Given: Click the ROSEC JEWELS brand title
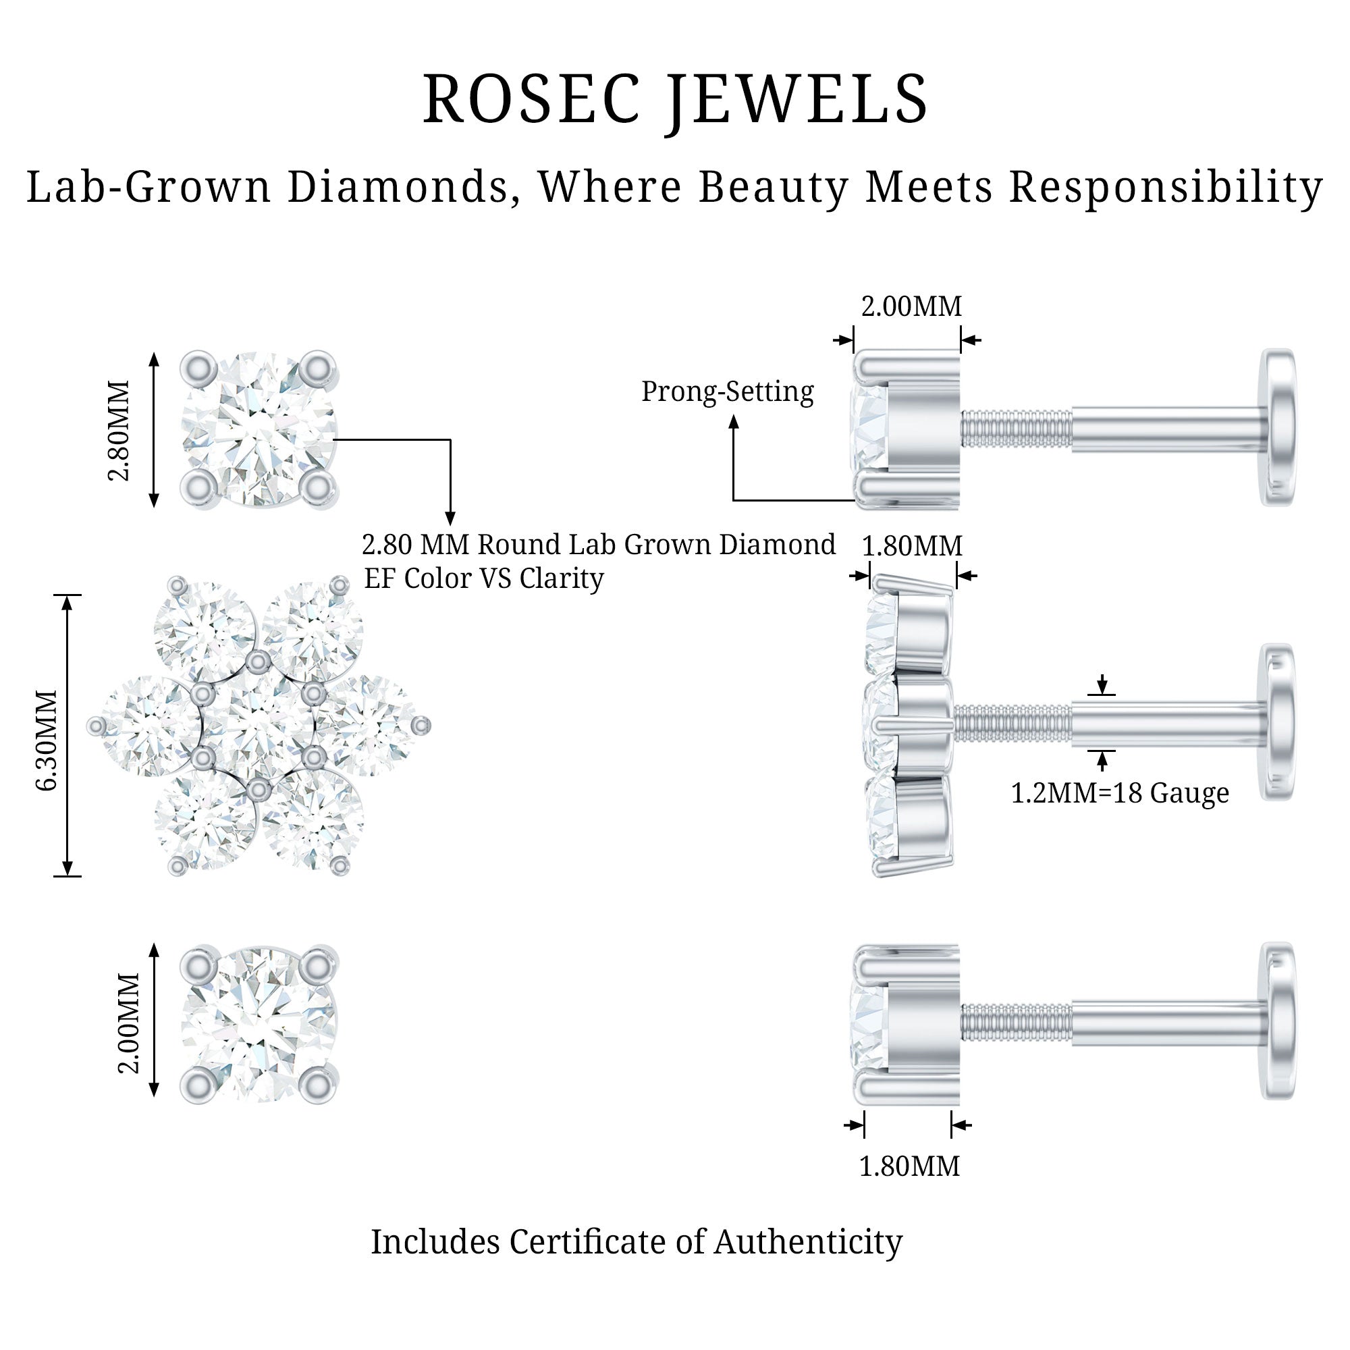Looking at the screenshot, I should pos(675,100).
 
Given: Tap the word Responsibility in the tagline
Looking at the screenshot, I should pos(1166,187).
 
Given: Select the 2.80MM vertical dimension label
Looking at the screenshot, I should pos(119,431).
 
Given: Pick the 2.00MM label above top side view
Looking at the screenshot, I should pos(911,306).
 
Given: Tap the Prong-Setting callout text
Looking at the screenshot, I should pos(728,391).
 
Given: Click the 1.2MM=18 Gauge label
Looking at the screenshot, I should pos(1119,793).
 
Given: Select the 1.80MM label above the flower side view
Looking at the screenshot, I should pos(912,545).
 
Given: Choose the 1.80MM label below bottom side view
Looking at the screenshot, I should pos(909,1166).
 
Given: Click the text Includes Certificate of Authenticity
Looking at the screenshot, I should pos(636,1242).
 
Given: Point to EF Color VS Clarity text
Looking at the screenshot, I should pos(483,578).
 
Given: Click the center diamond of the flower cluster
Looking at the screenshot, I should pos(258,727).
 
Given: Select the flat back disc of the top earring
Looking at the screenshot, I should pos(1278,427).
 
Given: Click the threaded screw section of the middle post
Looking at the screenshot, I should pos(1012,723).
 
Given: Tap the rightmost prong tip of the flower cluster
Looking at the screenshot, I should pos(421,727).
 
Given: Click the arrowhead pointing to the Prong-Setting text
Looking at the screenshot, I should pos(734,421).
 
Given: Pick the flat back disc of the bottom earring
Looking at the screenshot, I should pos(1278,1021).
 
